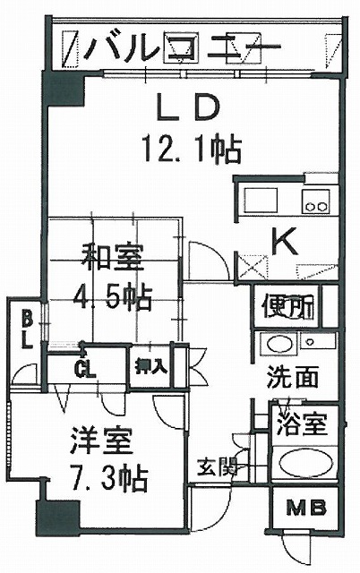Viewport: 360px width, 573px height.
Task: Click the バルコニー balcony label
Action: coord(182,47)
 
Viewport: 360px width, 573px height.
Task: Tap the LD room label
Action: coord(187,107)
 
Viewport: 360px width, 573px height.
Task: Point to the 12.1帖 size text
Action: coord(193,150)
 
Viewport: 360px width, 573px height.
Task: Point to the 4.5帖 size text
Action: coord(112,298)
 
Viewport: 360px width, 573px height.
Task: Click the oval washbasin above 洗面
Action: coord(279,344)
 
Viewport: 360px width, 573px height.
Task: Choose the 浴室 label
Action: coord(301,424)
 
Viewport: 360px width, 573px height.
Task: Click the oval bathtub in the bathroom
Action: coord(306,463)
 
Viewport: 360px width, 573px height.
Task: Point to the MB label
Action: coord(306,508)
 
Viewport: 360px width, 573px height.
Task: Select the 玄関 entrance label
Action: coord(217,467)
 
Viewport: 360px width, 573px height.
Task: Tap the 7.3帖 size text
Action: coord(108,478)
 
